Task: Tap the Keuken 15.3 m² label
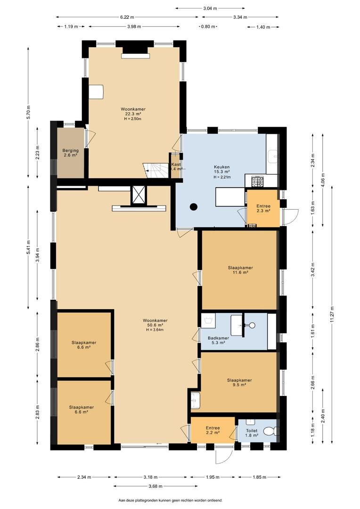point(222,169)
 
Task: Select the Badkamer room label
point(218,338)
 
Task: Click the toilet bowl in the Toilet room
point(270,431)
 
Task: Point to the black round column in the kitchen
point(194,206)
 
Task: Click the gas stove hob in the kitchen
point(258,182)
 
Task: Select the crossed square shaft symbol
point(139,196)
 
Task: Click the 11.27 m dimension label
point(332,314)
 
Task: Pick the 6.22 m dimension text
point(127,17)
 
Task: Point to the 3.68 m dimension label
point(155,486)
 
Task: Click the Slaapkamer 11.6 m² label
point(240,270)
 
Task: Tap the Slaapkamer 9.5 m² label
point(239,382)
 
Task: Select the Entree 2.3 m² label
point(263,208)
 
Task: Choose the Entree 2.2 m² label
point(213,430)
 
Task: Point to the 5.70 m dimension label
point(29,112)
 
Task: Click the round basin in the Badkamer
point(252,325)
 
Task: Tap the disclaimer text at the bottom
point(171,500)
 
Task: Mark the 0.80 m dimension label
point(208,26)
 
